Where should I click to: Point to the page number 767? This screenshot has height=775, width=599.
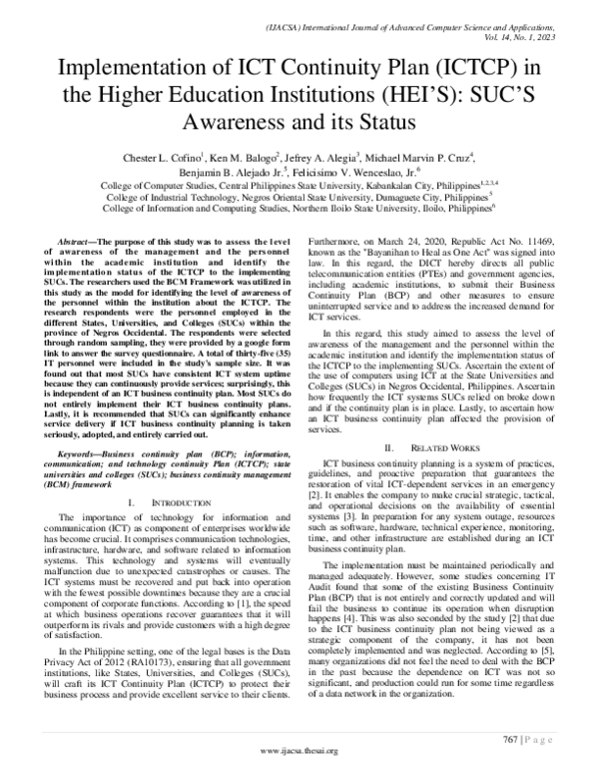511,738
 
